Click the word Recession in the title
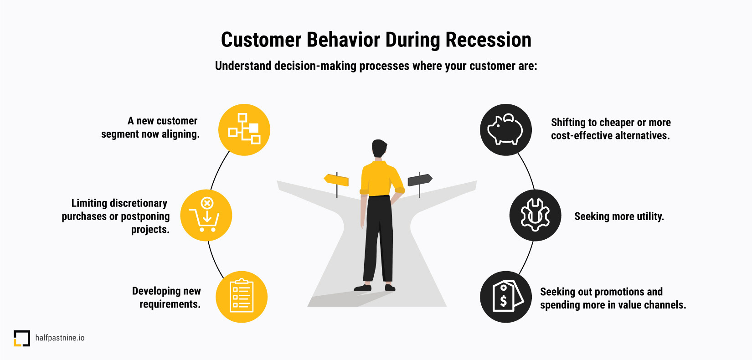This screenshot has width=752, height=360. click(488, 40)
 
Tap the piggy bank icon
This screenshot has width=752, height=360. click(505, 129)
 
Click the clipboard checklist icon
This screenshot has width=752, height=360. click(242, 296)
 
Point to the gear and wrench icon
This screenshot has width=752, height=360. click(535, 215)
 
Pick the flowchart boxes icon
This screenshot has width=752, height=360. click(244, 129)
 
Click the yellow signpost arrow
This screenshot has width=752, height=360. click(336, 180)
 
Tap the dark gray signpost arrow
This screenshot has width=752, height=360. click(420, 180)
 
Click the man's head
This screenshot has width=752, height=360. click(379, 148)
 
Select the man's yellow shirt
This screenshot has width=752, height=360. click(381, 178)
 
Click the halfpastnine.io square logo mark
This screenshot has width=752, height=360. click(22, 338)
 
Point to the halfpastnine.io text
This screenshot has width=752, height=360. click(60, 338)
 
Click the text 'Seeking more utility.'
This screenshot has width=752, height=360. click(619, 216)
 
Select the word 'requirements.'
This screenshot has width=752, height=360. click(170, 304)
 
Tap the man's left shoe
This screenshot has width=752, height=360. click(363, 288)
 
